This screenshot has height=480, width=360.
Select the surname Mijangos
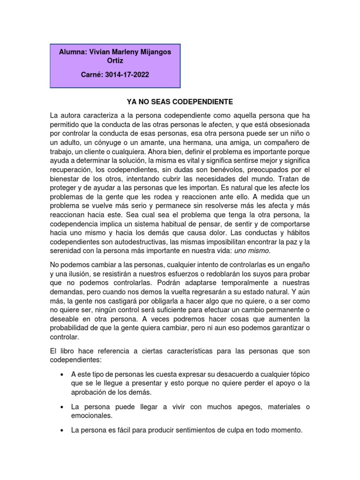[x=153, y=52]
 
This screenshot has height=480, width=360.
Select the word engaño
[x=298, y=264]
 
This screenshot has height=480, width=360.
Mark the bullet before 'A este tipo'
[x=62, y=375]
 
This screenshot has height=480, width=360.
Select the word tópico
[x=299, y=375]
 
